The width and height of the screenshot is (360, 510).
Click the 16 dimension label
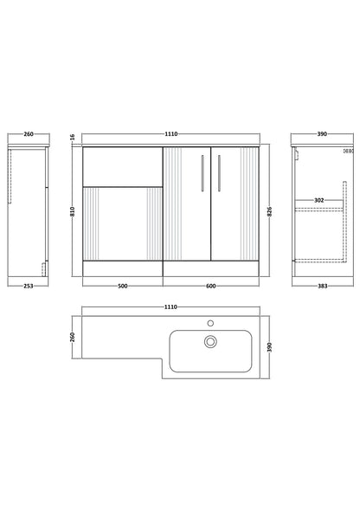pyautogui.click(x=73, y=137)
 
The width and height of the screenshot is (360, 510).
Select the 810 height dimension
pyautogui.click(x=73, y=211)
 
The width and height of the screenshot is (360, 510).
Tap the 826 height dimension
pyautogui.click(x=269, y=211)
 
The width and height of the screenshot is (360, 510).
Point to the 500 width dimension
pyautogui.click(x=123, y=287)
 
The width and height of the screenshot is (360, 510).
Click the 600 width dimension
pyautogui.click(x=211, y=287)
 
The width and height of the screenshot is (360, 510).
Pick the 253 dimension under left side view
pyautogui.click(x=29, y=287)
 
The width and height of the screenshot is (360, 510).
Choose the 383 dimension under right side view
pyautogui.click(x=322, y=287)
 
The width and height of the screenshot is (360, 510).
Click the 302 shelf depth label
pyautogui.click(x=319, y=200)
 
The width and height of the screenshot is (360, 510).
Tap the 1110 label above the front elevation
pyautogui.click(x=171, y=134)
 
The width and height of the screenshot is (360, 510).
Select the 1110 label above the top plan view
pyautogui.click(x=170, y=307)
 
